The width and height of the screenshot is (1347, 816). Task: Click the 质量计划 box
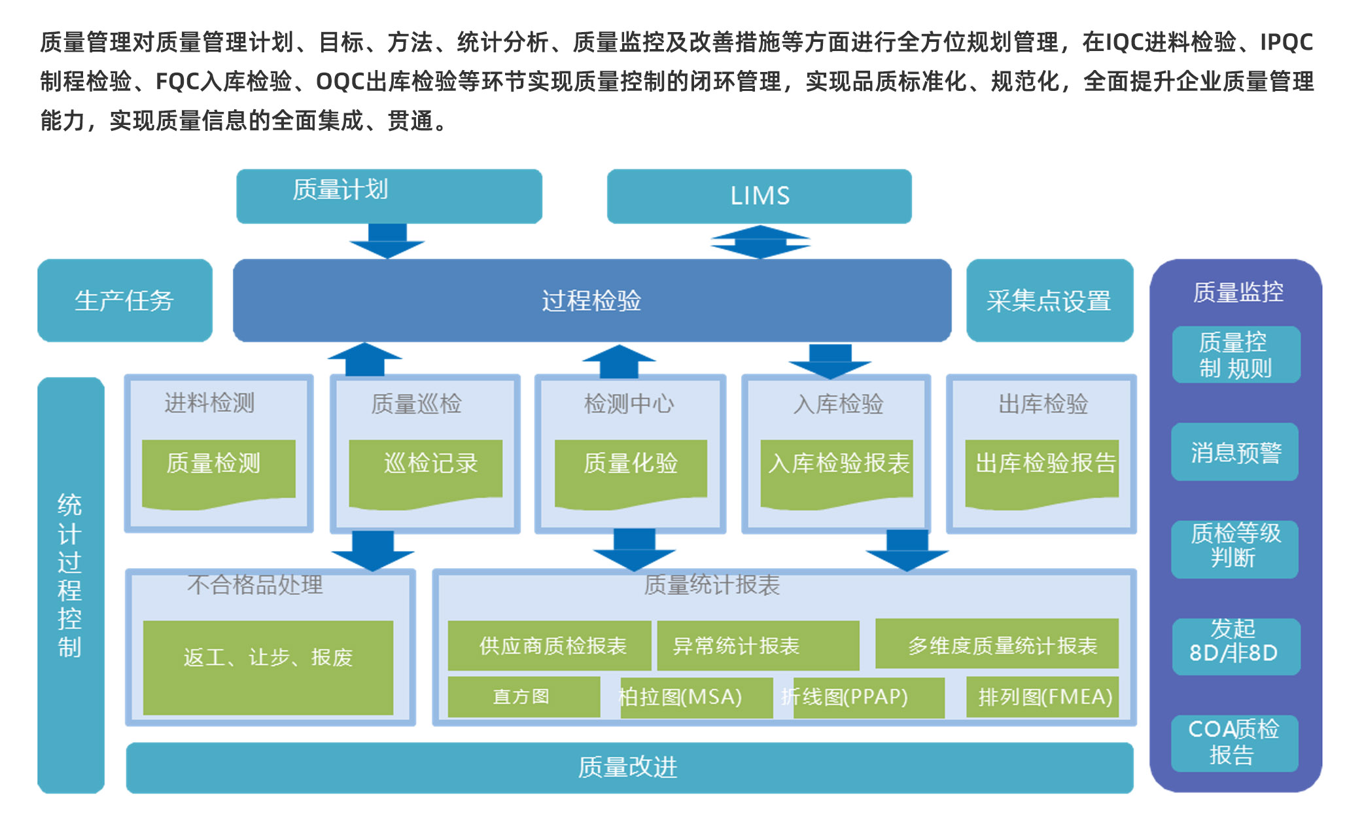(x=389, y=196)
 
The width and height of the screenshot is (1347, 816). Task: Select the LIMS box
(x=759, y=196)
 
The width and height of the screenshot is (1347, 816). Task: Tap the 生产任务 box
(x=124, y=300)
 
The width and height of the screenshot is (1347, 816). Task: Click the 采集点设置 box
(x=1049, y=300)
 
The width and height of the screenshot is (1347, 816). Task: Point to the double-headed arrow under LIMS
(x=760, y=242)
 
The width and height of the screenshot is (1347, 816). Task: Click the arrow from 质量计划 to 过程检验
(x=387, y=241)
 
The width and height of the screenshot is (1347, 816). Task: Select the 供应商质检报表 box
(x=549, y=645)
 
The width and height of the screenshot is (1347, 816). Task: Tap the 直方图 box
(x=523, y=696)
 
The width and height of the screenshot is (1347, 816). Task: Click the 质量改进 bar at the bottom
(x=629, y=767)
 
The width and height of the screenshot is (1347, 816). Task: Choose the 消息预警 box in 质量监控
(x=1234, y=452)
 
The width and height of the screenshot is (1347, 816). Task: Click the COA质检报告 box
(x=1234, y=743)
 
